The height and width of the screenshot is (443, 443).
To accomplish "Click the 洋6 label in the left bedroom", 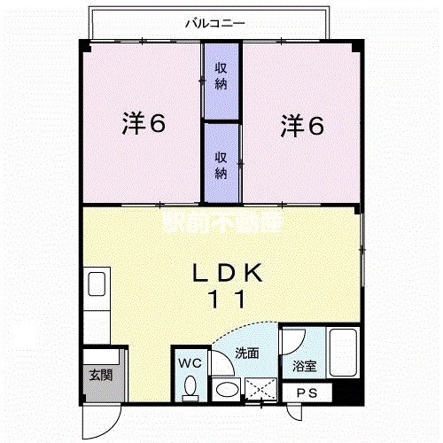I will point(144,125).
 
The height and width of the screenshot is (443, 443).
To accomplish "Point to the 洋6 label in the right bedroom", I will point(303,125).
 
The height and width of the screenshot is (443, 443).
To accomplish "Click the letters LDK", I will point(228,272).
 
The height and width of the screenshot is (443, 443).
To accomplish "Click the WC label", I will point(190,362).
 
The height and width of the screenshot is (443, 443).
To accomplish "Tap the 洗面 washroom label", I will point(246,353).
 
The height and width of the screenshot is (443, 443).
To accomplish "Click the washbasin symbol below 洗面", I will point(227,389).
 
